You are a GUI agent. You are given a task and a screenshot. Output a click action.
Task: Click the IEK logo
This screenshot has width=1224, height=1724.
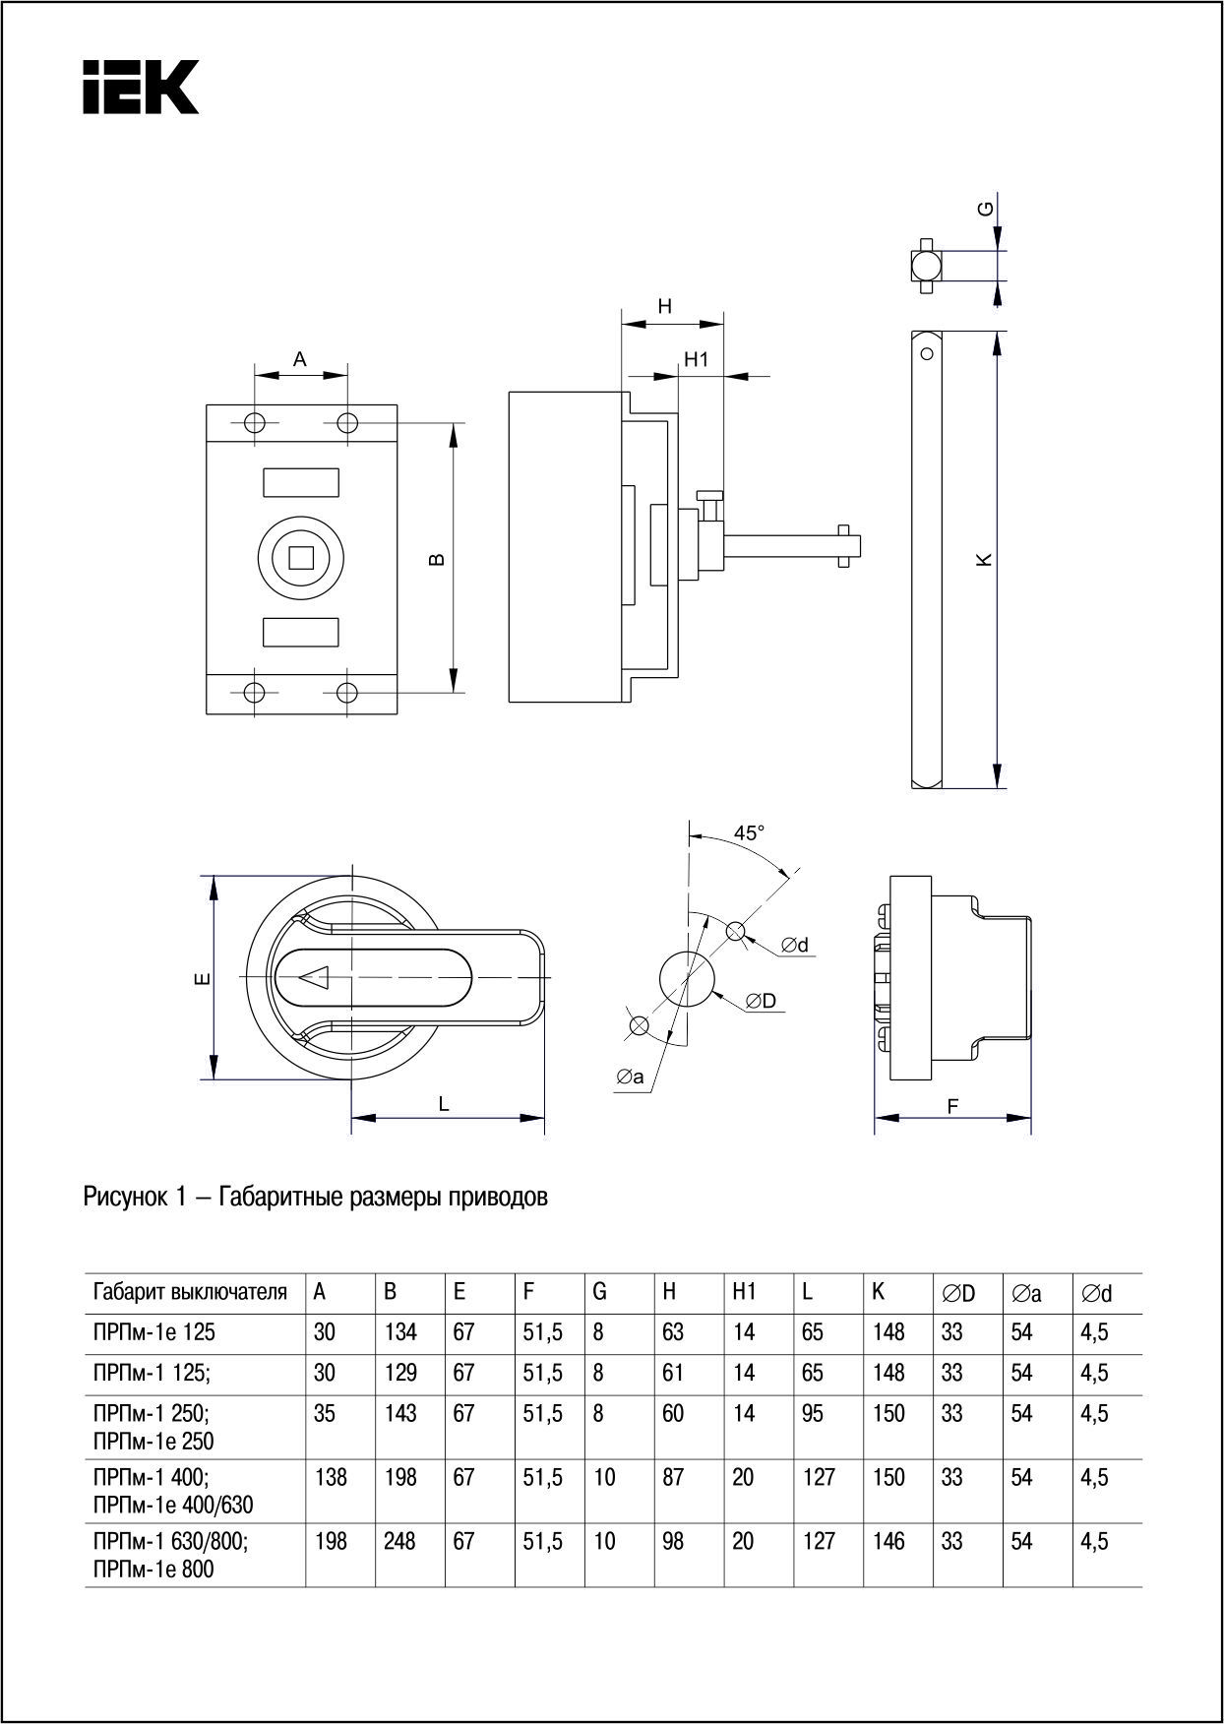coord(141,87)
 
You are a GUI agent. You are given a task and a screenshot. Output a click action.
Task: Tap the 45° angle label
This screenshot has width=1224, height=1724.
coord(749,833)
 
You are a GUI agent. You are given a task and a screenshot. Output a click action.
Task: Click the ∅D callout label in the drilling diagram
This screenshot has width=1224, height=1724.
coord(761,1001)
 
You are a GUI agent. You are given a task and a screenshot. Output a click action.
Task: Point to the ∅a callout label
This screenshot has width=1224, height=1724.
coord(630,1077)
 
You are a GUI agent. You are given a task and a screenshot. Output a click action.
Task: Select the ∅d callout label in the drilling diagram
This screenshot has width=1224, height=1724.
coord(795,945)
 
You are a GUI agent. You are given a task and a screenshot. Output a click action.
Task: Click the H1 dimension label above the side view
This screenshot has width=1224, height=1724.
coord(697,360)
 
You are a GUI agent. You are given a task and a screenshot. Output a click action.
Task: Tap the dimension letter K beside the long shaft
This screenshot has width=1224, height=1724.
coord(983,559)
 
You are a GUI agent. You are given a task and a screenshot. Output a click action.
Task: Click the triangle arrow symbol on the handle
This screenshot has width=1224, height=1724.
coord(315,977)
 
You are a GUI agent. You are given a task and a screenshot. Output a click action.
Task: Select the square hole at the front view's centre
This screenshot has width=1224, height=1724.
coord(300,558)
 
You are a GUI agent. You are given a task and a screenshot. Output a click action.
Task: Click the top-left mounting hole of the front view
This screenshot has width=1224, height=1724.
coord(255,423)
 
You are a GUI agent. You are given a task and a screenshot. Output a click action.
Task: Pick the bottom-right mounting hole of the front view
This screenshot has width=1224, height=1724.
coord(346,692)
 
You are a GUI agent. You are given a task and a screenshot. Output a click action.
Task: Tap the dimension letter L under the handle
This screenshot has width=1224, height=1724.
coord(444,1104)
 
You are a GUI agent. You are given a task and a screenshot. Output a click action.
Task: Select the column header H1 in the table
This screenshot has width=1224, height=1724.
coord(744,1292)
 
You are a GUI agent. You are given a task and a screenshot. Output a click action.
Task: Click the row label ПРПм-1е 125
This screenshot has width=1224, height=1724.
coord(153,1332)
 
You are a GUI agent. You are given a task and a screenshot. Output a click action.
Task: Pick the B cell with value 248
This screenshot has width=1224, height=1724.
coord(399,1541)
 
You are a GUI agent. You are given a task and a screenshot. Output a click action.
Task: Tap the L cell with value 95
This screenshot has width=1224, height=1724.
coord(813,1413)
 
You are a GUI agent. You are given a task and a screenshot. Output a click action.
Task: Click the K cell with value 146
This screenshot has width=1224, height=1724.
coord(888,1541)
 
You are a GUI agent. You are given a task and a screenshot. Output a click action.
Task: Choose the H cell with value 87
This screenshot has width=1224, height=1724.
coord(673,1477)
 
